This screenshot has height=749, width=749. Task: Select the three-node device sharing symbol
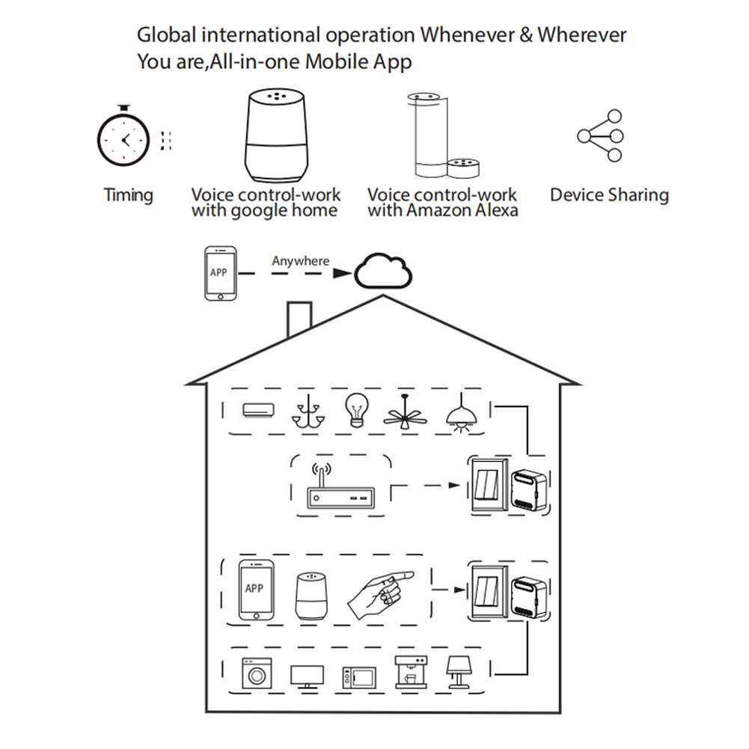coord(602,135)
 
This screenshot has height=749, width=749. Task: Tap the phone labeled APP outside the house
coord(219,274)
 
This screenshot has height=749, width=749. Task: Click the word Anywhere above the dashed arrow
coord(300,261)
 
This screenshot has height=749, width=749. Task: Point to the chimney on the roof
coord(299,320)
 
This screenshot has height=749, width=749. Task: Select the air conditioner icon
coord(258,410)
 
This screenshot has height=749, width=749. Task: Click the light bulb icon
coord(355,410)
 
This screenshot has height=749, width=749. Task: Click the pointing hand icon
coord(380,593)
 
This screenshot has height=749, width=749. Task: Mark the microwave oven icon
coord(358,677)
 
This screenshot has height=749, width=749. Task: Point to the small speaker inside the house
coord(310,596)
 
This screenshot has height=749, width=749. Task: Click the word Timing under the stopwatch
coord(128,196)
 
